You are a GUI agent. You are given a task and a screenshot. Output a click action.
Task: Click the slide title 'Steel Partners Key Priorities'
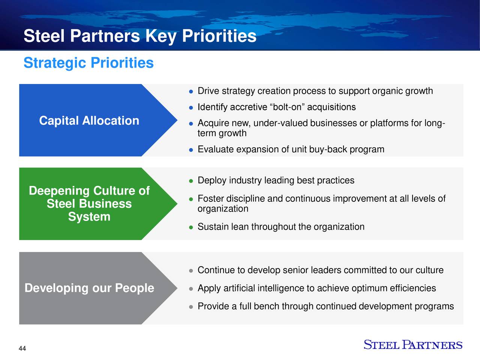coord(140,36)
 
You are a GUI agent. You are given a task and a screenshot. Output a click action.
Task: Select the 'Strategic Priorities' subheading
coord(88,63)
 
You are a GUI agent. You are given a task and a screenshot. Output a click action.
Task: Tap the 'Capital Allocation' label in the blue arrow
coord(89,121)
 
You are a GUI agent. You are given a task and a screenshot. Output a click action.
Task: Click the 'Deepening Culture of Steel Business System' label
coord(89,204)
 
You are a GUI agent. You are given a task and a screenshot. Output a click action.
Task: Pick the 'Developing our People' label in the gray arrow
coord(89,288)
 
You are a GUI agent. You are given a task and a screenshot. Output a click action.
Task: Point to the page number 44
coord(22,349)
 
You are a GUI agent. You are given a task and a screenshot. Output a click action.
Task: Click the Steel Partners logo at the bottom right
coord(413,345)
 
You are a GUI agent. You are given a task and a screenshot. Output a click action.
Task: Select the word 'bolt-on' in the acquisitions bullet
coord(288,107)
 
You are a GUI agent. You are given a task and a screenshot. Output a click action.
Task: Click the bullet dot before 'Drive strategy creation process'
coord(191,91)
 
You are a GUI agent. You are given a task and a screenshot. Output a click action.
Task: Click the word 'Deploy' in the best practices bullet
coord(212,181)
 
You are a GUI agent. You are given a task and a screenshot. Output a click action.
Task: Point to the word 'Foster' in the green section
coord(210,198)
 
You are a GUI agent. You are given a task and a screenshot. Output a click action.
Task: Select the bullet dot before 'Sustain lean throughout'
coord(191,227)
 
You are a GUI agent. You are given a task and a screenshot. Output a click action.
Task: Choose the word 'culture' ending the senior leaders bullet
coord(429,270)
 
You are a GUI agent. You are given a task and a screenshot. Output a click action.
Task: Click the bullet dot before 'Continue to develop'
coord(191,271)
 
